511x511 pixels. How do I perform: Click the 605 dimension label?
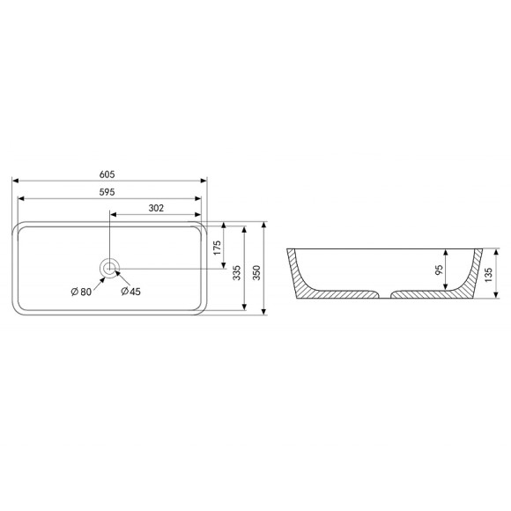click(107, 174)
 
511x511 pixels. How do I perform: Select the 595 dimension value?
click(107, 192)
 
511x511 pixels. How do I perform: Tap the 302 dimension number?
click(156, 208)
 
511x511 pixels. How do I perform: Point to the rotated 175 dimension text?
click(217, 248)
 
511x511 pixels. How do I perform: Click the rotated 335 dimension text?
click(237, 273)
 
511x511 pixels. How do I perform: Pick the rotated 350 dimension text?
click(256, 273)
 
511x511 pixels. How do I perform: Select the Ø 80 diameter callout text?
click(81, 292)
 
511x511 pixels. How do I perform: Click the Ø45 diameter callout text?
click(130, 292)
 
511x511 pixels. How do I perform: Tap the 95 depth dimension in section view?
click(439, 270)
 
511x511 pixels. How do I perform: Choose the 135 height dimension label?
click(488, 275)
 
